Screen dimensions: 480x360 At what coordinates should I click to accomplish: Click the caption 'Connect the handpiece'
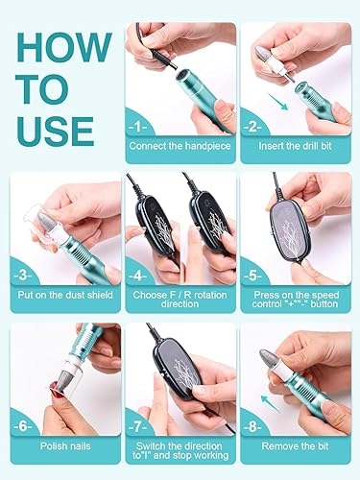(x=180, y=146)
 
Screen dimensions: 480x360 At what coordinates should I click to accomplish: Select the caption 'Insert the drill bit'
(x=295, y=146)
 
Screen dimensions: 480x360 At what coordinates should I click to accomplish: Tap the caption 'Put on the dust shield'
(x=66, y=297)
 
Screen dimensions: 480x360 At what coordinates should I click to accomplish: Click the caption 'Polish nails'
(x=66, y=445)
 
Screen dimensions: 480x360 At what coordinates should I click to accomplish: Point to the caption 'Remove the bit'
(x=295, y=445)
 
